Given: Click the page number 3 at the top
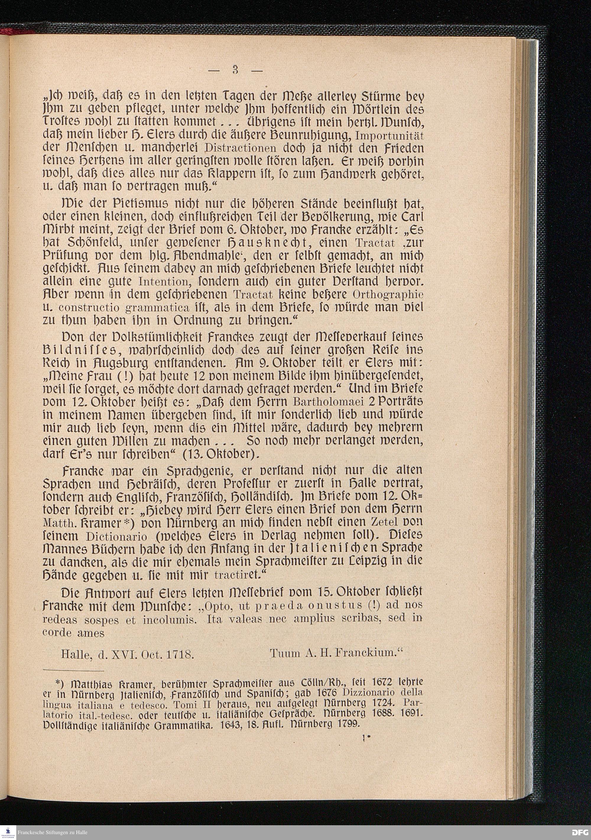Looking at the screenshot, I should [x=235, y=69].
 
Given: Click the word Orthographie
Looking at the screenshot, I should [x=389, y=295].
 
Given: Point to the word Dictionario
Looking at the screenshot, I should [x=117, y=537].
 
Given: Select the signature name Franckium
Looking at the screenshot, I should [x=368, y=653].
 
